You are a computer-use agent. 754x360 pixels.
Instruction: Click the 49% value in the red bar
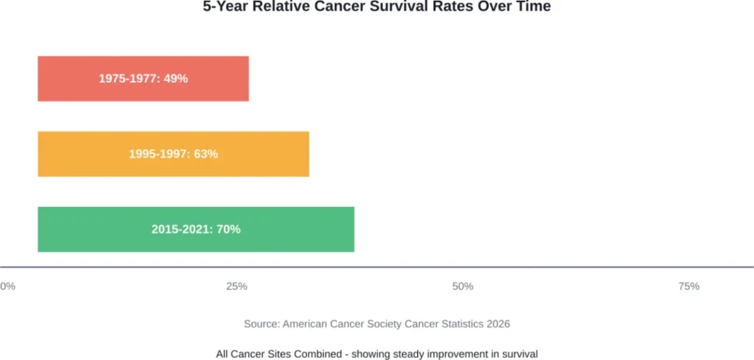tap(177, 79)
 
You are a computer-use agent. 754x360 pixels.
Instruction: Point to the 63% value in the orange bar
tap(206, 154)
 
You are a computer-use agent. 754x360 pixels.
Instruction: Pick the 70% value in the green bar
tap(229, 229)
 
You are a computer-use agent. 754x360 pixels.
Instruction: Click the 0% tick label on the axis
tap(7, 286)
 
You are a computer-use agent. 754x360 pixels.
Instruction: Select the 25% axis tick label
tap(236, 286)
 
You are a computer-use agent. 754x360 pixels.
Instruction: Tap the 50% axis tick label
tap(462, 286)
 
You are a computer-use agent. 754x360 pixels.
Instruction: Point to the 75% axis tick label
tap(688, 286)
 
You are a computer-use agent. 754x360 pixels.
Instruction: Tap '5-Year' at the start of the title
tap(225, 7)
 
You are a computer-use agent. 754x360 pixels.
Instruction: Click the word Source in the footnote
tap(261, 324)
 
